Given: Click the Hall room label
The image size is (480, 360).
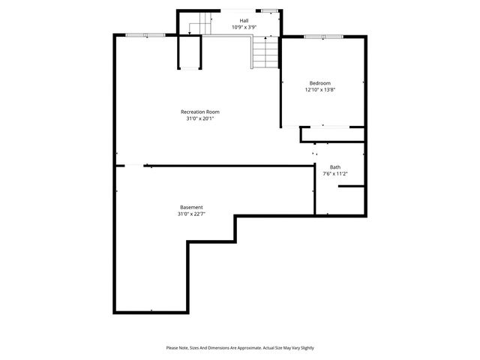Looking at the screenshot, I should click(x=244, y=20).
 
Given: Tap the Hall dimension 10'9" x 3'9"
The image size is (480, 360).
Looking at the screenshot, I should click(x=244, y=27).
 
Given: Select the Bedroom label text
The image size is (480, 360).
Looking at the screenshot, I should click(x=319, y=82).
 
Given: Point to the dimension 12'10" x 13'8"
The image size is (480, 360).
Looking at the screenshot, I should click(x=319, y=89).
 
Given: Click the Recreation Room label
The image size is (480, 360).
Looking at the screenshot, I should click(x=199, y=112).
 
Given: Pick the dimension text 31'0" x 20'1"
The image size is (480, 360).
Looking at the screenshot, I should click(x=199, y=118).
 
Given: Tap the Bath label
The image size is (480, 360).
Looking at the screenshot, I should click(x=334, y=167).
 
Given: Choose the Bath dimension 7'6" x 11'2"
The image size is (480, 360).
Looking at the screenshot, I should click(x=334, y=174).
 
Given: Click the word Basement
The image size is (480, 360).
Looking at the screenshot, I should click(x=191, y=207).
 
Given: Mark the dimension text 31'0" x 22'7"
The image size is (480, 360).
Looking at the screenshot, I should click(x=191, y=214).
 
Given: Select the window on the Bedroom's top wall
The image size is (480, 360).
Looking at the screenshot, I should click(x=324, y=36).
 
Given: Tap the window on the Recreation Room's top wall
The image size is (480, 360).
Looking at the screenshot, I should click(x=145, y=34).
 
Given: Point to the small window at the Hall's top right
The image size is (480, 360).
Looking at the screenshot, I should click(x=268, y=10).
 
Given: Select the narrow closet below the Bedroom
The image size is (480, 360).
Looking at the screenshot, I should click(x=333, y=134).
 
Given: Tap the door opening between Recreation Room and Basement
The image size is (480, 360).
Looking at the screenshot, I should click(x=129, y=165).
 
